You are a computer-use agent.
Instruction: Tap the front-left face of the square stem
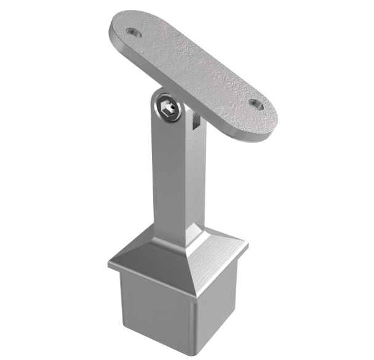pyautogui.click(x=167, y=178)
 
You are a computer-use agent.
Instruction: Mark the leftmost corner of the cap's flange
pyautogui.click(x=109, y=265)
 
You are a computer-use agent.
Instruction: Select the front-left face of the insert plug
pyautogui.click(x=154, y=311)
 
